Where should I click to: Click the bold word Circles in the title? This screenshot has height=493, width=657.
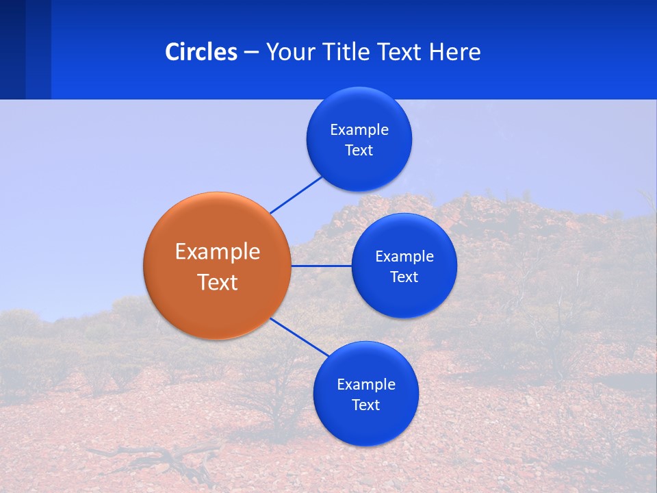(x=201, y=51)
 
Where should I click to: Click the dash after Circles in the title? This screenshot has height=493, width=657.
(x=251, y=52)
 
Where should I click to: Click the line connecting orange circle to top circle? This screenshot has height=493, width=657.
(x=296, y=195)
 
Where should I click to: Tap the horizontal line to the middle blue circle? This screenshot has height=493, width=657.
(x=321, y=266)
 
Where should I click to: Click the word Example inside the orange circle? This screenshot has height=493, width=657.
(x=218, y=251)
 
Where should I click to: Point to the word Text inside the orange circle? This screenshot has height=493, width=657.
(x=218, y=282)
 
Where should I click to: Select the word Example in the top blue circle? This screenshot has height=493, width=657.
(x=359, y=129)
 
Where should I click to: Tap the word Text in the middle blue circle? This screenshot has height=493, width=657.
(x=404, y=277)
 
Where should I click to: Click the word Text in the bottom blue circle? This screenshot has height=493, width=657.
(x=366, y=405)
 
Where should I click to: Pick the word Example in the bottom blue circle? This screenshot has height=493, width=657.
(x=366, y=384)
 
